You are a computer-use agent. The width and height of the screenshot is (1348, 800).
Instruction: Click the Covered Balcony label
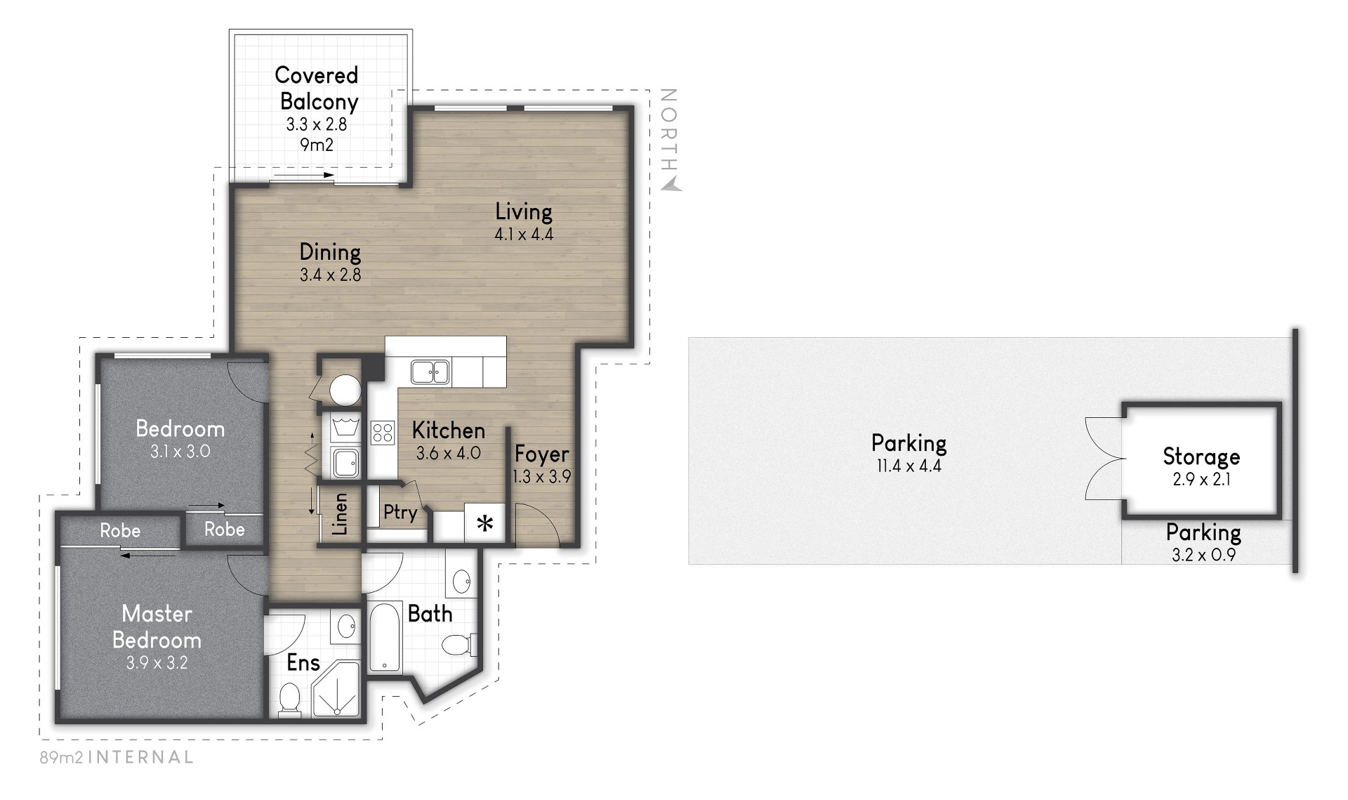tap(317, 88)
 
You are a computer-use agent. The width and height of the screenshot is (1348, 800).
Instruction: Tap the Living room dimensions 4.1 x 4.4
tap(524, 235)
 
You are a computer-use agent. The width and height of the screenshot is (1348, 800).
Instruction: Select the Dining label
tap(330, 251)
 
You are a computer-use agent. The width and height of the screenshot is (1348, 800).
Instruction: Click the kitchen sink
tap(430, 372)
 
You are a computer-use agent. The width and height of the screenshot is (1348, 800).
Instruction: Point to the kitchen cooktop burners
tap(383, 431)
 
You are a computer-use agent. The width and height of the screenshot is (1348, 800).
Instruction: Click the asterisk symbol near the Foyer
tap(485, 523)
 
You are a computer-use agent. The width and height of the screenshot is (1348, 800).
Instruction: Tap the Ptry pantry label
tap(400, 513)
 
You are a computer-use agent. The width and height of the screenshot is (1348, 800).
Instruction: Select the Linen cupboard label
tap(341, 514)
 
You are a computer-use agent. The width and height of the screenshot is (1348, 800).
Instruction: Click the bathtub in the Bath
tap(385, 636)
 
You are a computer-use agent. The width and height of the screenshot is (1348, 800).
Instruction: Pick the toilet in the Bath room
tap(460, 643)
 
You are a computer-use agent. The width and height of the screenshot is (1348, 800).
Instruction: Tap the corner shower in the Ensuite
tap(336, 692)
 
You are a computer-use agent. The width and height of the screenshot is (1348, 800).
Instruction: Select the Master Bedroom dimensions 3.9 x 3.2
tap(157, 663)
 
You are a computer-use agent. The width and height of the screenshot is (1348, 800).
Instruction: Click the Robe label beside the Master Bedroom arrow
tap(120, 530)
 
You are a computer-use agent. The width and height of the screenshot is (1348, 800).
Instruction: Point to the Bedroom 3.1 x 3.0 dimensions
tap(180, 452)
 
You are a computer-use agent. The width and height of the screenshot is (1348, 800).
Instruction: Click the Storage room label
tap(1201, 457)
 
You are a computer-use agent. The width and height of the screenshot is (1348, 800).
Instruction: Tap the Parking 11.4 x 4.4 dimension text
tap(909, 466)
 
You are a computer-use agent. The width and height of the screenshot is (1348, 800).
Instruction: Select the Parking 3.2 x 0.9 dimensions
tap(1203, 555)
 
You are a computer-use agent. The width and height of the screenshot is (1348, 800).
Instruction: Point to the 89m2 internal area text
tap(117, 757)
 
